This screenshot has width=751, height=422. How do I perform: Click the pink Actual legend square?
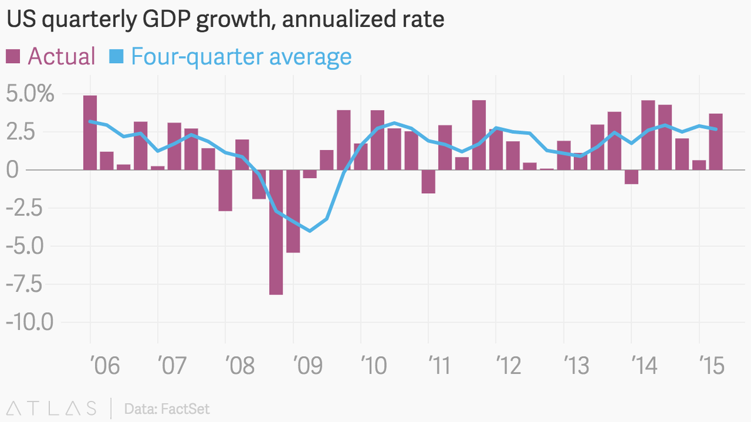pyautogui.click(x=13, y=57)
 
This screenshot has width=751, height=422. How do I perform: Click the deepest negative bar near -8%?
pyautogui.click(x=276, y=232)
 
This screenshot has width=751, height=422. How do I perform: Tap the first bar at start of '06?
pyautogui.click(x=90, y=133)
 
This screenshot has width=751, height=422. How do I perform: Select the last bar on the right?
pyautogui.click(x=716, y=141)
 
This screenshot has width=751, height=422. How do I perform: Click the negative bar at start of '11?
pyautogui.click(x=428, y=181)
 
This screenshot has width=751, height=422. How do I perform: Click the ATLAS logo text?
pyautogui.click(x=52, y=409)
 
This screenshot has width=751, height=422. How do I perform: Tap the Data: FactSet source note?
pyautogui.click(x=167, y=409)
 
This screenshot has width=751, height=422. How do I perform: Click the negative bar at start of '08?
pyautogui.click(x=225, y=190)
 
